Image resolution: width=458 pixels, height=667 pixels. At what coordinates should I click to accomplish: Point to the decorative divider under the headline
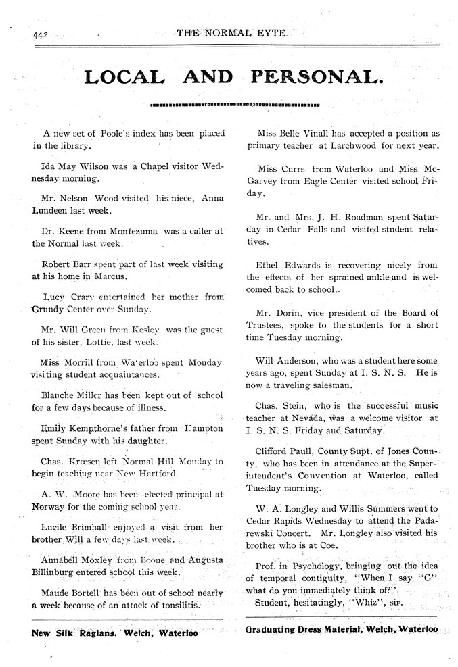pos(234,106)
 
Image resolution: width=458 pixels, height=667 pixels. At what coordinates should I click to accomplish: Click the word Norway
pos(51,506)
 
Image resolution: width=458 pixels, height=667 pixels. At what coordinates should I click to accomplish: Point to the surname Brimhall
pos(93,527)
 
